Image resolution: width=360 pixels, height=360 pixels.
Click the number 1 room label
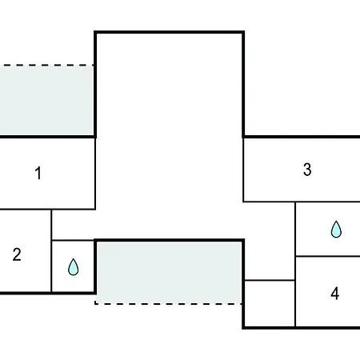pyautogui.click(x=38, y=173)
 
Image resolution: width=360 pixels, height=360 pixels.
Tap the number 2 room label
pyautogui.click(x=17, y=254)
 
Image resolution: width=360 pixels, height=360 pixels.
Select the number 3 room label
pyautogui.click(x=307, y=170)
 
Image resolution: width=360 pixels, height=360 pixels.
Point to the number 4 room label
pyautogui.click(x=335, y=294)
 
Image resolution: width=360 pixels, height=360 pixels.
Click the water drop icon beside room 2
pyautogui.click(x=74, y=267)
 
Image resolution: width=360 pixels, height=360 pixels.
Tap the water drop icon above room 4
pyautogui.click(x=336, y=230)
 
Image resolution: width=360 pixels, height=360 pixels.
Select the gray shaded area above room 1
pyautogui.click(x=46, y=100)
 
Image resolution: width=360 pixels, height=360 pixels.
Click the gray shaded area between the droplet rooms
pyautogui.click(x=169, y=272)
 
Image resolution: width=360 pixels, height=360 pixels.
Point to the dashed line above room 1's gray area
pyautogui.click(x=46, y=65)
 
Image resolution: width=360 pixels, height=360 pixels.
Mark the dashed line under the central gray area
pyautogui.click(x=168, y=303)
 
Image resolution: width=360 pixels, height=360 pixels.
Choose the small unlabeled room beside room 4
pyautogui.click(x=270, y=303)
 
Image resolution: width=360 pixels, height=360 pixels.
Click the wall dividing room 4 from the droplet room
pyautogui.click(x=328, y=256)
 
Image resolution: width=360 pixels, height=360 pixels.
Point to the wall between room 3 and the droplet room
pyautogui.click(x=328, y=202)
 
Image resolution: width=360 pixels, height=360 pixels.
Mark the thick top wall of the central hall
pyautogui.click(x=169, y=32)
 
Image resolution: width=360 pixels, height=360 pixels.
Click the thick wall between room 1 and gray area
pyautogui.click(x=47, y=137)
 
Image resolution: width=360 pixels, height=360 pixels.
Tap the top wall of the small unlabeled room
pyautogui.click(x=270, y=280)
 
